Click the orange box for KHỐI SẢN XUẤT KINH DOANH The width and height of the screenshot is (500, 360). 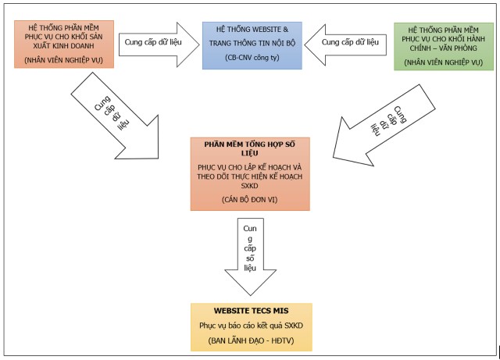pyautogui.click(x=64, y=45)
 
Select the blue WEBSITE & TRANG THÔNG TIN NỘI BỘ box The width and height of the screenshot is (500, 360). pyautogui.click(x=252, y=45)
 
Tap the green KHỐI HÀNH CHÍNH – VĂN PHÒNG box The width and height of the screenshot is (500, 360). pyautogui.click(x=444, y=47)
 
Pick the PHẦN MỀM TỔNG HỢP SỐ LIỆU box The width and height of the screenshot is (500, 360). pyautogui.click(x=250, y=174)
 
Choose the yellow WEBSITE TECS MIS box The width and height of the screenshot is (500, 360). pyautogui.click(x=252, y=327)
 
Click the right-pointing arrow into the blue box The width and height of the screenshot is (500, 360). pyautogui.click(x=159, y=45)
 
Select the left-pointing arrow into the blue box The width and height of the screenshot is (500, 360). pyautogui.click(x=345, y=45)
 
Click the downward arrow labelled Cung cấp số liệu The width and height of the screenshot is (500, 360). pyautogui.click(x=250, y=255)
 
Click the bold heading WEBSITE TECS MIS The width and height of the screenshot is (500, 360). pyautogui.click(x=252, y=311)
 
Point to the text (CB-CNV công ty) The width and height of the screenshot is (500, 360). pyautogui.click(x=252, y=58)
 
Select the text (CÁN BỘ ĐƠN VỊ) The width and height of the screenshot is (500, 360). pyautogui.click(x=250, y=200)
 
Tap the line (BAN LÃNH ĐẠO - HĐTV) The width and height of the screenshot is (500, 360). pyautogui.click(x=251, y=341)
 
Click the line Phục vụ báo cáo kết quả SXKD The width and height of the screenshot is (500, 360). pyautogui.click(x=252, y=326)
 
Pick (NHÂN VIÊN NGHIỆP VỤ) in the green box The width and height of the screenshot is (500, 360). pyautogui.click(x=444, y=62)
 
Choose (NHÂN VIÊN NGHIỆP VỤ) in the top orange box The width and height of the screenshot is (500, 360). pyautogui.click(x=64, y=60)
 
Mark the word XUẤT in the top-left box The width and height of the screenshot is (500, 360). pyautogui.click(x=42, y=46)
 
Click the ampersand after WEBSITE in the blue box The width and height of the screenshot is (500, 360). pyautogui.click(x=285, y=30)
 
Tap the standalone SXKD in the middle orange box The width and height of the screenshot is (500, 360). pyautogui.click(x=249, y=186)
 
